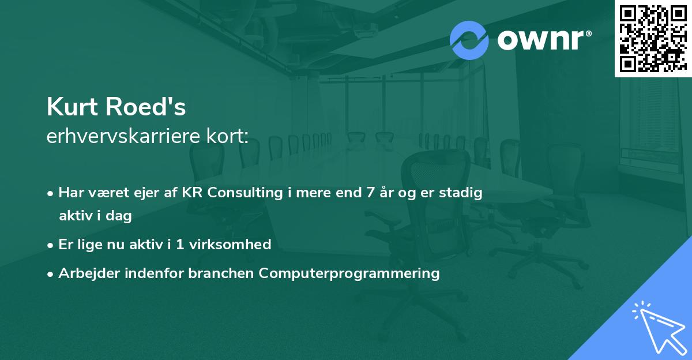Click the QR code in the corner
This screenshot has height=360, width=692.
653,39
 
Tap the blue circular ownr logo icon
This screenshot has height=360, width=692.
469,40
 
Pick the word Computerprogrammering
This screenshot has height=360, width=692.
349,273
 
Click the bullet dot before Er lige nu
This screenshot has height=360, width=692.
51,245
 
